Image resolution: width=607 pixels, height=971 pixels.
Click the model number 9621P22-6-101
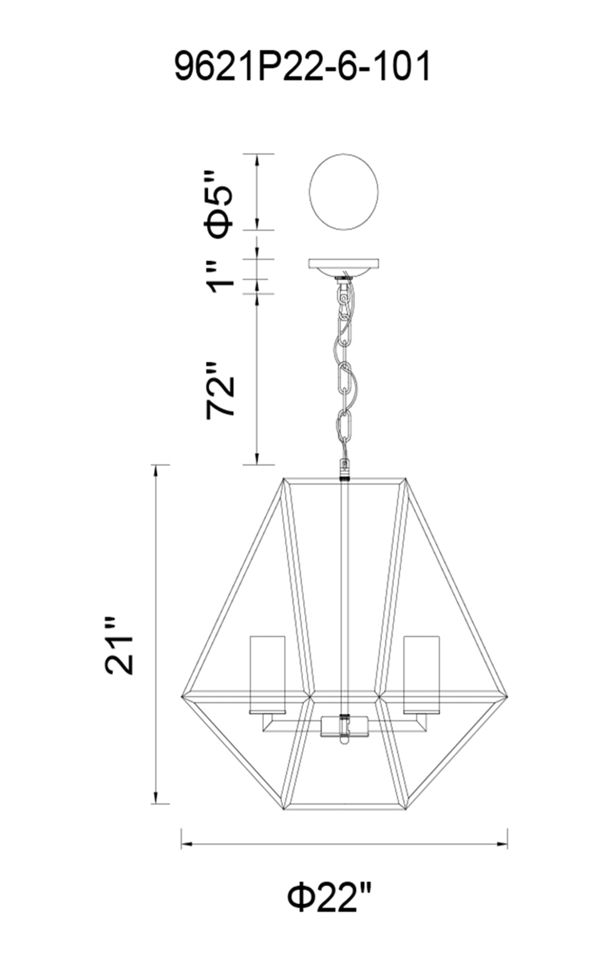tap(302, 66)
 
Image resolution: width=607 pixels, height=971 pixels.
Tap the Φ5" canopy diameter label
tap(220, 203)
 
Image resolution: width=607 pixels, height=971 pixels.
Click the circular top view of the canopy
tap(344, 191)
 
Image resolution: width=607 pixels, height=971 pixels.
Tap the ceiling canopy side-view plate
tap(344, 268)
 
